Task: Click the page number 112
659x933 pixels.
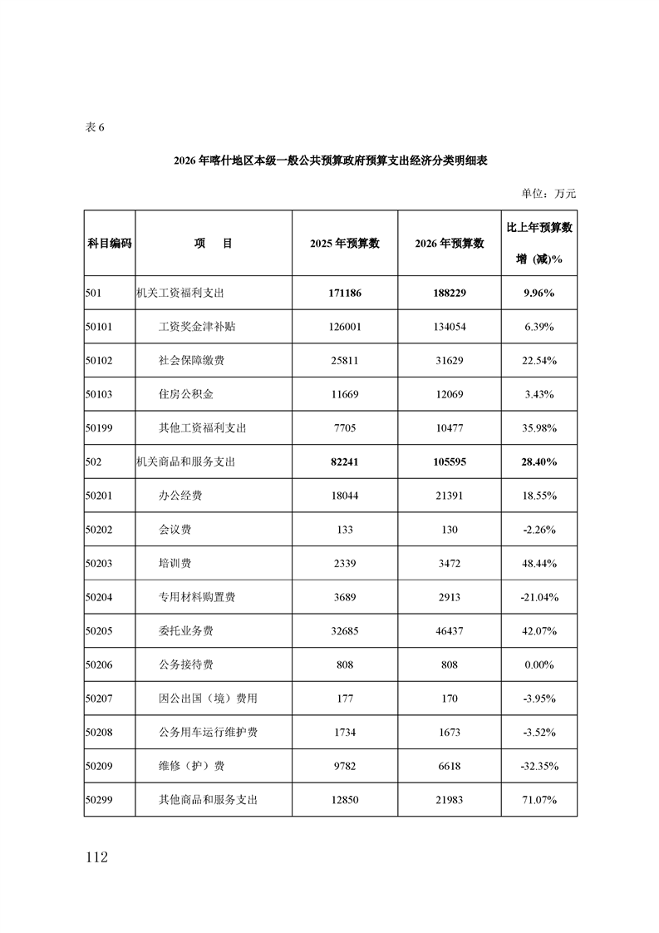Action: (96, 857)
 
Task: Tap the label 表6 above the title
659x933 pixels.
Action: (96, 128)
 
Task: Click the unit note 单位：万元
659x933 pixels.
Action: (548, 194)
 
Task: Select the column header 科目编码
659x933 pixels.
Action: (110, 243)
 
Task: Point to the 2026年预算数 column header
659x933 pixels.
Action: (450, 243)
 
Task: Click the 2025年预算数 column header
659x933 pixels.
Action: (345, 243)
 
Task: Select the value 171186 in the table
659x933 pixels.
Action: (345, 293)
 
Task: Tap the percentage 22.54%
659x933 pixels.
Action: (539, 360)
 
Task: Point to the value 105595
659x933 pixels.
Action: (450, 462)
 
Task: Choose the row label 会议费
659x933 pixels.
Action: (175, 530)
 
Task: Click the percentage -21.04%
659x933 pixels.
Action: (539, 597)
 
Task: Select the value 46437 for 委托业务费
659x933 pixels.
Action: (450, 631)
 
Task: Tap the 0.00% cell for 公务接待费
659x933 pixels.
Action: (539, 664)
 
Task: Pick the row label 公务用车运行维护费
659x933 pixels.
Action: (208, 732)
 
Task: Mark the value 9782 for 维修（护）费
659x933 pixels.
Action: (345, 766)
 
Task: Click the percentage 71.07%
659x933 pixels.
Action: (539, 800)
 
